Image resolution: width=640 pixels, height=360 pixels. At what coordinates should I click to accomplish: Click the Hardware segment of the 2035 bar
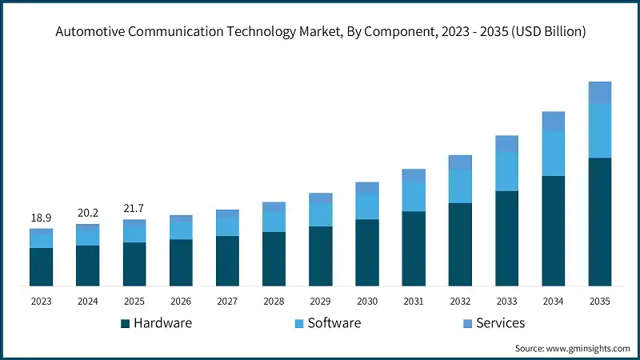[599, 222]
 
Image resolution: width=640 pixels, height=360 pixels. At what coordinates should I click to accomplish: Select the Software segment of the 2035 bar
[599, 130]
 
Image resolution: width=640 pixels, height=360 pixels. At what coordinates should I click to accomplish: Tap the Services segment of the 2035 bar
[599, 92]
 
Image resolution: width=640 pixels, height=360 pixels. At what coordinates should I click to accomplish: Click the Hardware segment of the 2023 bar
[41, 266]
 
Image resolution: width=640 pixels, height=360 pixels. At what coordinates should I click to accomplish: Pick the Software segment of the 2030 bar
[366, 206]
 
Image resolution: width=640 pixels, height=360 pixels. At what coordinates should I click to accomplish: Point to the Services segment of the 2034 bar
[553, 121]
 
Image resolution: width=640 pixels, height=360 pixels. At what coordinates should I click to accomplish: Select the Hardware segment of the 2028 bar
[274, 258]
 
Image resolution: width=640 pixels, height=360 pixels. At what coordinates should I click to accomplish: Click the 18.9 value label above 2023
[41, 218]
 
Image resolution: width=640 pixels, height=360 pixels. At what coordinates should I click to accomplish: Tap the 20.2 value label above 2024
[87, 214]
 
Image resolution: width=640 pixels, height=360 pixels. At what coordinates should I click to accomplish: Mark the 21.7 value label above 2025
[134, 209]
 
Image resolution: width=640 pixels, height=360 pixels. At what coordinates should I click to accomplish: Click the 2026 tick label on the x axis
[181, 301]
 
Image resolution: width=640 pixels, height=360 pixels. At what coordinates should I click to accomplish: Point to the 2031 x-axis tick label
[413, 301]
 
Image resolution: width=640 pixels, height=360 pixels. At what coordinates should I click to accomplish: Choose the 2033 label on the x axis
[506, 301]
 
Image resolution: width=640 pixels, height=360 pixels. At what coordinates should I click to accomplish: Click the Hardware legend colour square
[125, 323]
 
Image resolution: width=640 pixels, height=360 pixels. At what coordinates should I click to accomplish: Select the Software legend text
[334, 323]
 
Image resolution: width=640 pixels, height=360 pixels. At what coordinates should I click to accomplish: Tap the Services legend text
[500, 323]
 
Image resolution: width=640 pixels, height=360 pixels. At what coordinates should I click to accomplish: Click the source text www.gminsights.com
[587, 349]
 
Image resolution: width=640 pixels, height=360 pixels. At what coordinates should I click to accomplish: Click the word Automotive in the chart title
[90, 32]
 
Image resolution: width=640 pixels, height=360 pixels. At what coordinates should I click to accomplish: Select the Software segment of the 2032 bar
[460, 186]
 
